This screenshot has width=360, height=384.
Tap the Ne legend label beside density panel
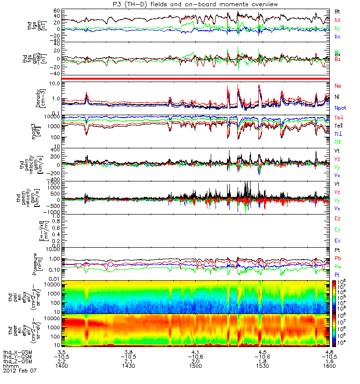point(338,86)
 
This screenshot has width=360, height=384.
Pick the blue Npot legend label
point(340,108)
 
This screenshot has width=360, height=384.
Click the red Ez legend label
point(337,219)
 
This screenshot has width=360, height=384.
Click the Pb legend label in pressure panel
point(337,259)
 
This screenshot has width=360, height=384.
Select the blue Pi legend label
point(337,274)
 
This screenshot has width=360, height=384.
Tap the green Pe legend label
point(337,266)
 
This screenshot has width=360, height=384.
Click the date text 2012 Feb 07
point(20,371)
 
